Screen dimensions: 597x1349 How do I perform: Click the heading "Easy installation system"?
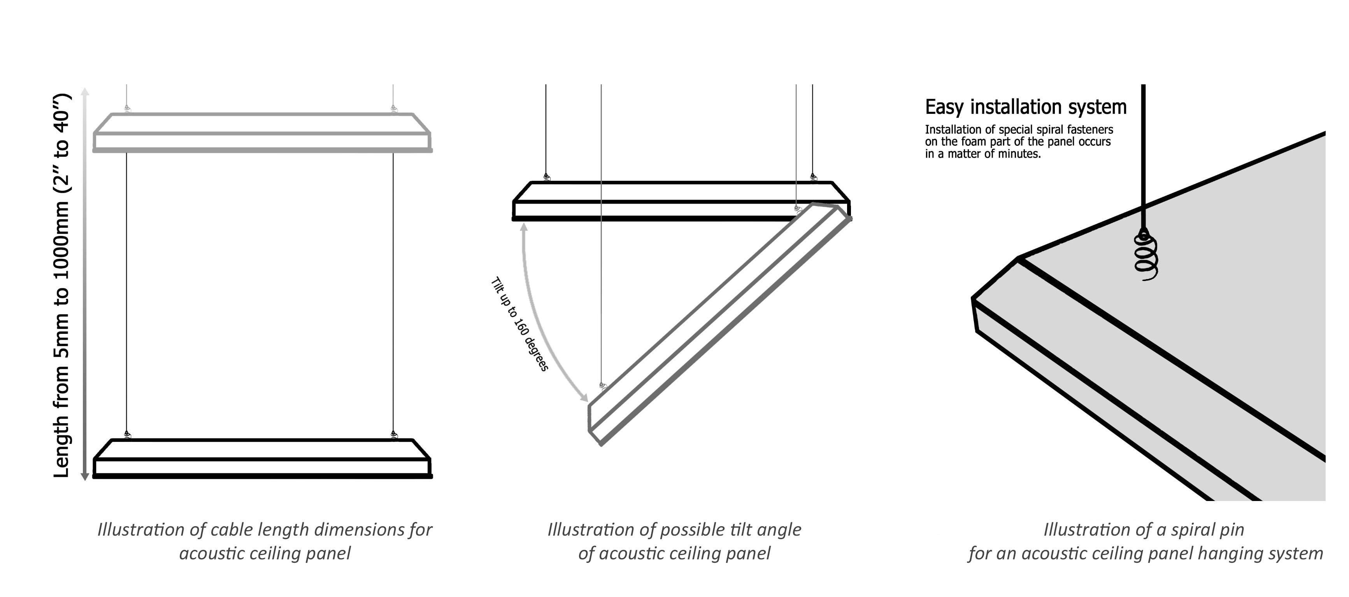(1025, 107)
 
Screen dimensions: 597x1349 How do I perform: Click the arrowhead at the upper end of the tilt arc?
(523, 227)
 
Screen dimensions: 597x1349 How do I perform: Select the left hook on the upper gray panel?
(127, 109)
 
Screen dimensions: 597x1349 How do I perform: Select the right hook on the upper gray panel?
(393, 109)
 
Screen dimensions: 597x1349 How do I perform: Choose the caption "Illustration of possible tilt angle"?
(674, 529)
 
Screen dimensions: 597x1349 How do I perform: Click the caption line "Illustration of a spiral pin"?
(1144, 529)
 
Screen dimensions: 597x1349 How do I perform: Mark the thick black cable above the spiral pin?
(1143, 157)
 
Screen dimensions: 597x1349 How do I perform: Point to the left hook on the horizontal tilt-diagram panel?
(547, 177)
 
